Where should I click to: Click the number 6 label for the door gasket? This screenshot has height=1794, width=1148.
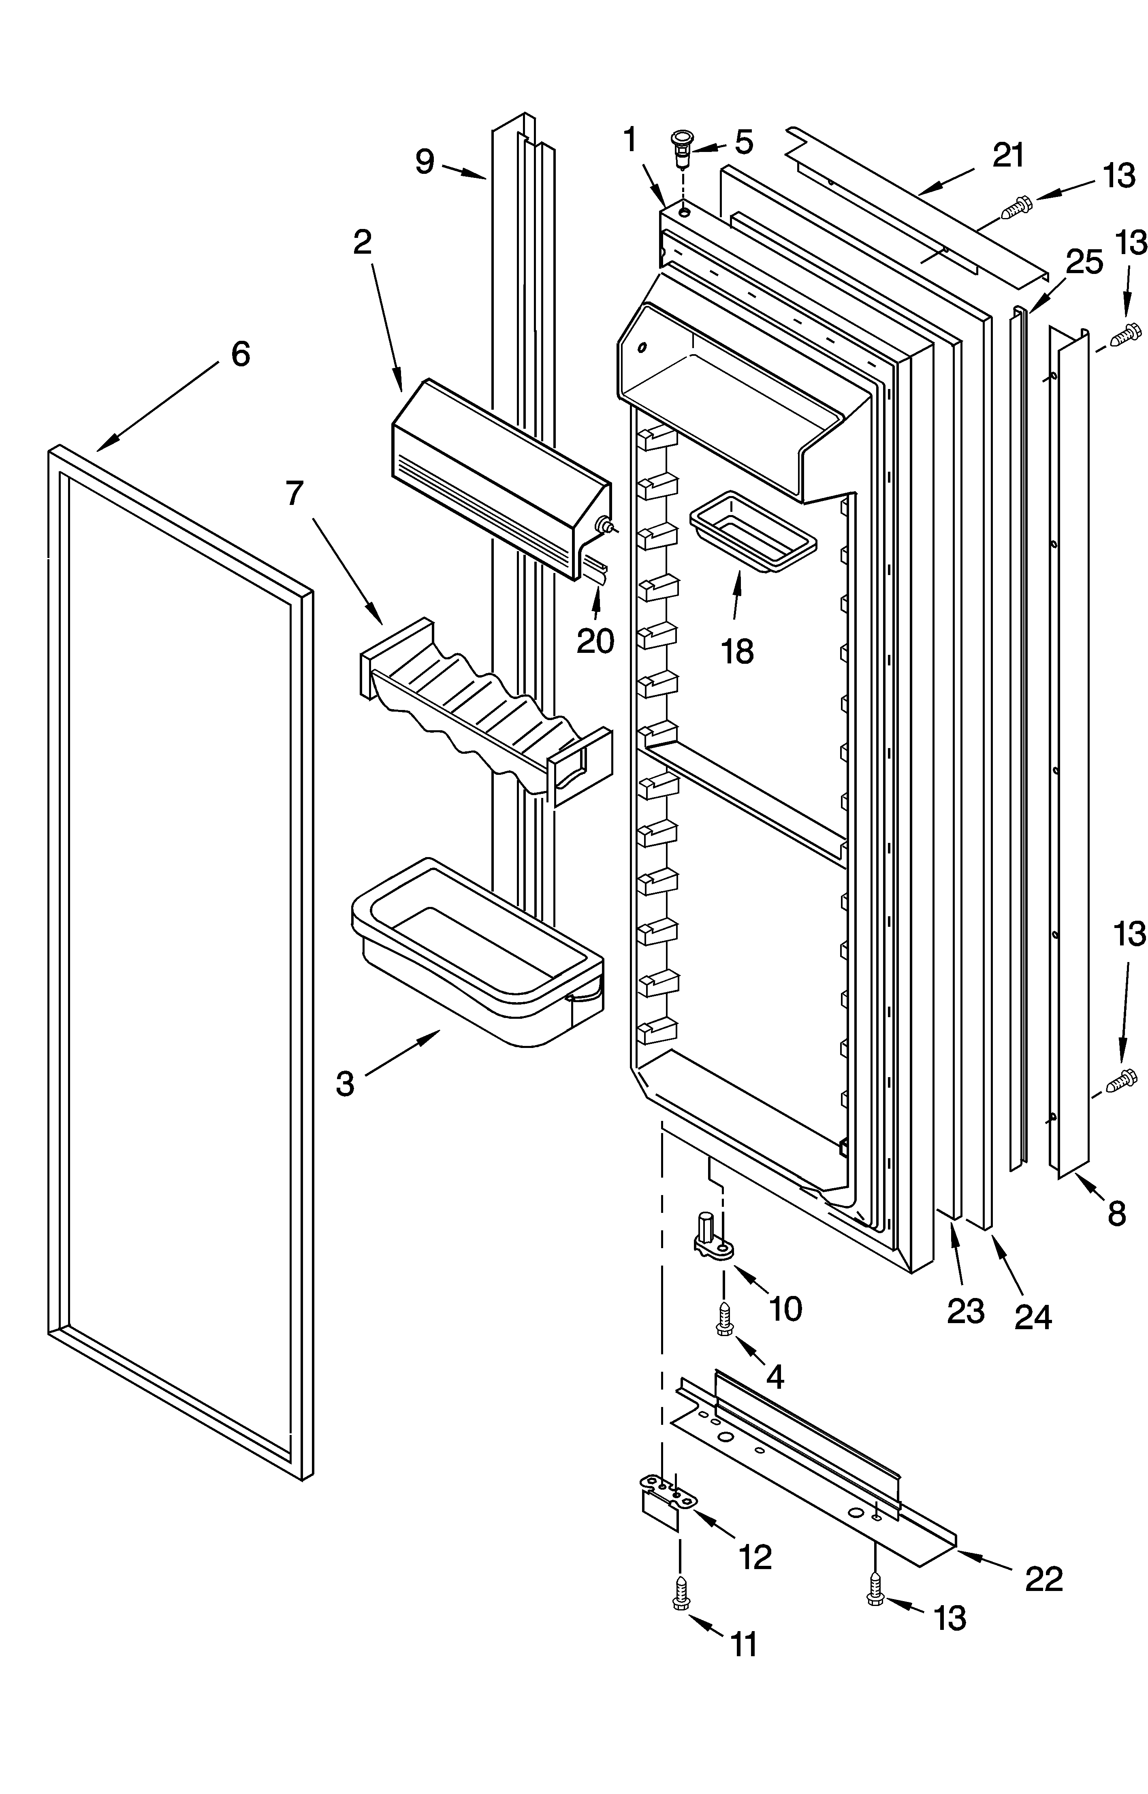tap(240, 354)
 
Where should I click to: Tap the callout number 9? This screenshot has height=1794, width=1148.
tap(425, 162)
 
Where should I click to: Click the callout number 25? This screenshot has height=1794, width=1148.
tap(1084, 263)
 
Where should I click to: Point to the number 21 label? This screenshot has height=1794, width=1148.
tap(1008, 155)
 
